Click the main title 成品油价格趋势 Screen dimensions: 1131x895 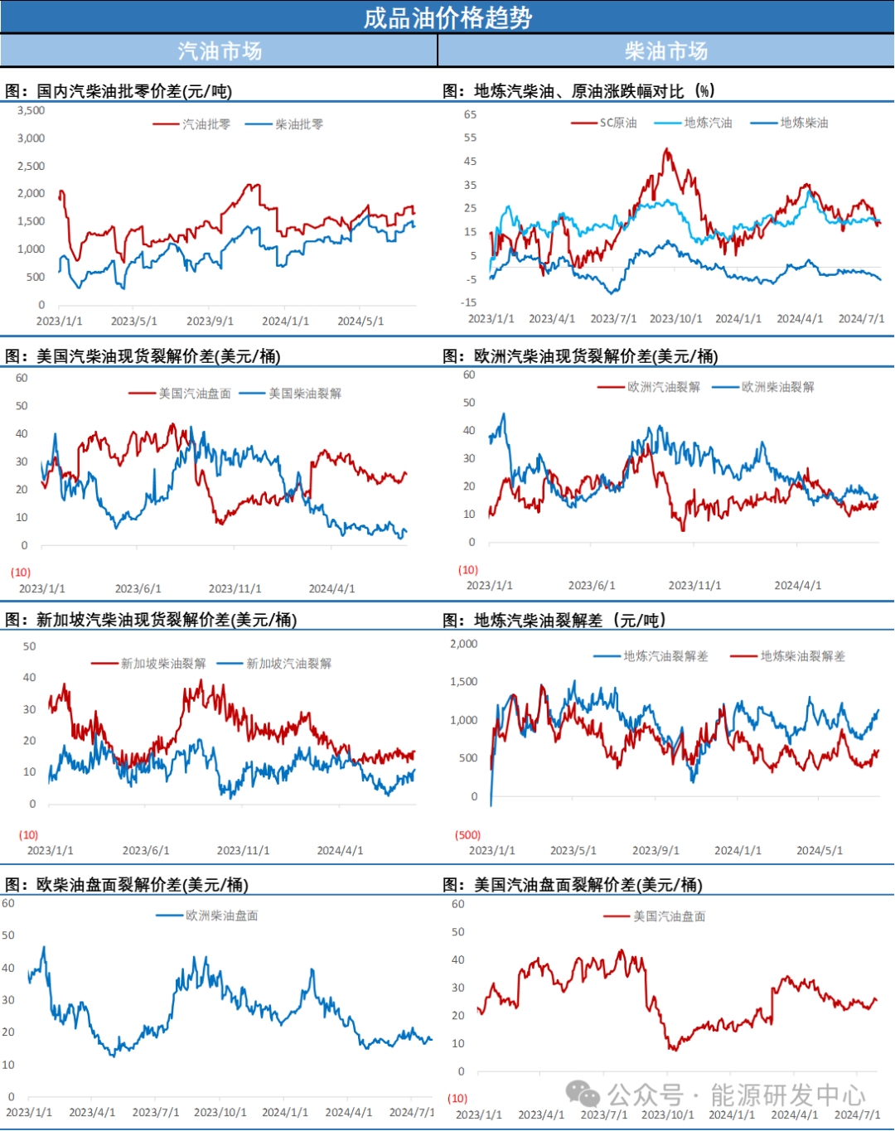point(447,17)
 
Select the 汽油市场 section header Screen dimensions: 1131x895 point(220,51)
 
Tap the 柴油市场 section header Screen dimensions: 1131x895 point(666,51)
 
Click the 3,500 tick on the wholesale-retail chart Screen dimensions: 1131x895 point(31,110)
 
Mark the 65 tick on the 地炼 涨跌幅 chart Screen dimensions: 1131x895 point(470,114)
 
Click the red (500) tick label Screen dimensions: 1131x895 point(468,835)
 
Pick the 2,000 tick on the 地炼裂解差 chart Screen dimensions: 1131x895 point(464,644)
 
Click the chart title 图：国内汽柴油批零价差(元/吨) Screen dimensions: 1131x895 point(119,91)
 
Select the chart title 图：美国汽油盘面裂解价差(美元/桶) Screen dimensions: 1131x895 point(573,885)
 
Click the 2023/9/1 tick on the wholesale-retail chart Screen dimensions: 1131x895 point(210,321)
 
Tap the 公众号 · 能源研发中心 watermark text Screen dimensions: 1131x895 point(736,1095)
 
